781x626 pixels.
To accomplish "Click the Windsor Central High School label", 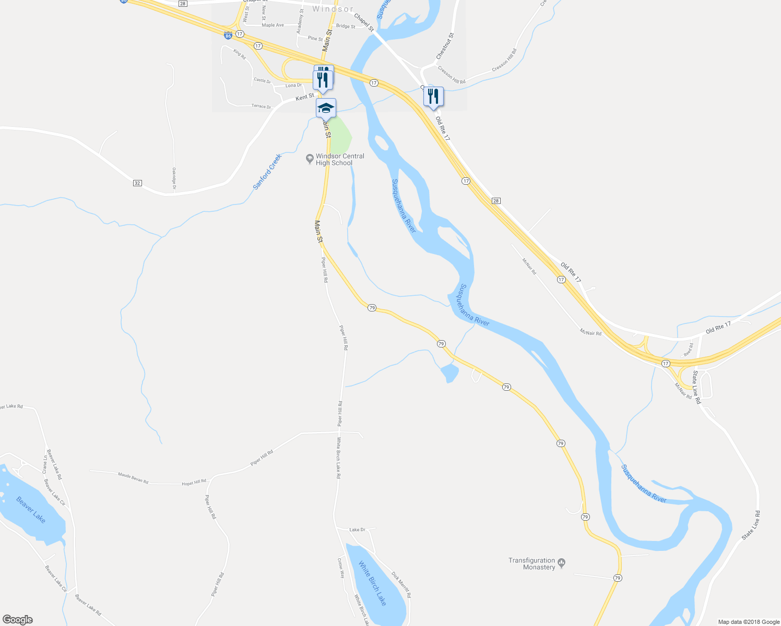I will point(339,160).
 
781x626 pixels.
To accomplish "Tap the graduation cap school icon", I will point(326,108).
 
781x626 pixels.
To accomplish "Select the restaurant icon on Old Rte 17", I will point(433,97).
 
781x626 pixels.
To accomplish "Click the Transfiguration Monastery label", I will point(532,564).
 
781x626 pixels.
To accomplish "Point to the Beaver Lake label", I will point(31,510).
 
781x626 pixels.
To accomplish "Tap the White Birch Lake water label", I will point(373,583).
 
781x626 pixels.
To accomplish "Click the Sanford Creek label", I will point(267,172).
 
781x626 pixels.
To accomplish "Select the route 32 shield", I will point(137,183).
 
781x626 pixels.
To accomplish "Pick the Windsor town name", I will point(333,9).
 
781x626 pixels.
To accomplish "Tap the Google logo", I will point(17,620).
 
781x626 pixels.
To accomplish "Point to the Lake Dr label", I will point(358,530).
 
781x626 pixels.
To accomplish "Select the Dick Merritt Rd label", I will point(401,586).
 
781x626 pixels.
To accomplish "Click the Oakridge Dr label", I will point(174,178).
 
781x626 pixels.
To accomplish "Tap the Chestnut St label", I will point(445,46).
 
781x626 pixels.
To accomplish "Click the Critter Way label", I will point(341,568).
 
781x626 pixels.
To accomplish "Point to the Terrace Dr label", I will point(262,106).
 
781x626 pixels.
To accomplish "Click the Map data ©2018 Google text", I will point(749,622).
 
